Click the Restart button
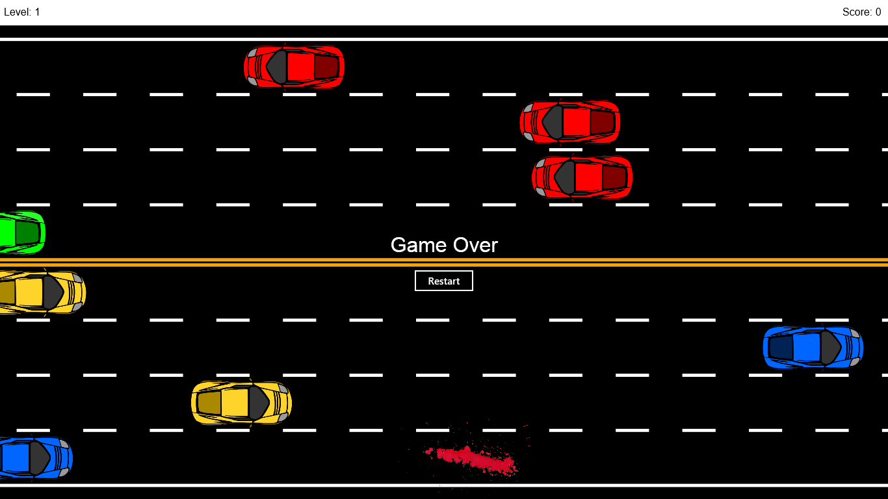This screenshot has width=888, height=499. tap(444, 281)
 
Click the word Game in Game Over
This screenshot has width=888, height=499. tap(416, 245)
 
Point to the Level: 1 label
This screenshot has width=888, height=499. tap(22, 12)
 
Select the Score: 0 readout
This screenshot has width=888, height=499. tap(861, 12)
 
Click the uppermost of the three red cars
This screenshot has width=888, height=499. tap(294, 66)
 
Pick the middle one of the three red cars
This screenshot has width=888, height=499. tap(570, 122)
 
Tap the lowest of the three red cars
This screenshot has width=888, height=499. tap(582, 177)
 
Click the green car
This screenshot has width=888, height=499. tap(21, 233)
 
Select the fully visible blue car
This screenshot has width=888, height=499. tap(813, 348)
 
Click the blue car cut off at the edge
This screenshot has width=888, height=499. tap(34, 458)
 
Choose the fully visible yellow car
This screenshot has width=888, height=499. tap(241, 403)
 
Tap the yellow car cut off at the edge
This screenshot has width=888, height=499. tap(40, 292)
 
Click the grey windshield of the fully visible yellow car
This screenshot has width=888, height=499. tap(258, 403)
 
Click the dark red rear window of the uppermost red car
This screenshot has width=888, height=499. tap(326, 66)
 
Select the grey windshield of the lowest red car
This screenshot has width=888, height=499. tap(564, 177)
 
